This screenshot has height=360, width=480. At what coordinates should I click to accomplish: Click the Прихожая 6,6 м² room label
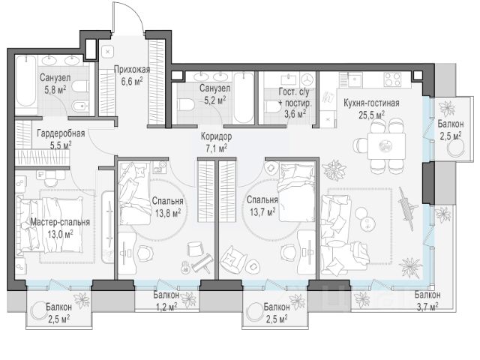point(132,75)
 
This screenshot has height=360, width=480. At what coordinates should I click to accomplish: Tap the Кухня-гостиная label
point(371,103)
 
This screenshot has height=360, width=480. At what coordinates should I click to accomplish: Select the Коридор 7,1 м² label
point(216,142)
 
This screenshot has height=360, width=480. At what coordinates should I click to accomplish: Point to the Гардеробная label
point(61,133)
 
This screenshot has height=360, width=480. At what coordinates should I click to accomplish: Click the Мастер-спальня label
point(60,222)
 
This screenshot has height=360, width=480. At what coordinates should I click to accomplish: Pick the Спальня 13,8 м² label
point(167,207)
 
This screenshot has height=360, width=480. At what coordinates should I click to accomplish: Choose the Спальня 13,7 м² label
point(262,205)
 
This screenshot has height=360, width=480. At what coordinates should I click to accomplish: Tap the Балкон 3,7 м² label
point(427,300)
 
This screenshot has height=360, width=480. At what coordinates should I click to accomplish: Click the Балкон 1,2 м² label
point(166,301)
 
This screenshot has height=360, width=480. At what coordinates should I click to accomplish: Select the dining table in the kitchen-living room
point(386,145)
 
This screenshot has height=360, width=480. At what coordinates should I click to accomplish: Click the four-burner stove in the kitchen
point(393,79)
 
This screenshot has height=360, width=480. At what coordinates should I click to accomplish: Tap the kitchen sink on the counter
point(354,79)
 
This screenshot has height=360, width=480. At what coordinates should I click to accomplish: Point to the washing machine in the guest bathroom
point(307,80)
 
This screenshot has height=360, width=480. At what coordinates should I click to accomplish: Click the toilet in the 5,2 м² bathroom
point(185,104)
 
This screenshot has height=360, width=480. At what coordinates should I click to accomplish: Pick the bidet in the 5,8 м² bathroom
point(80,106)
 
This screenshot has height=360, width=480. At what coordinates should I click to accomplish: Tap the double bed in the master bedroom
point(50,225)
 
